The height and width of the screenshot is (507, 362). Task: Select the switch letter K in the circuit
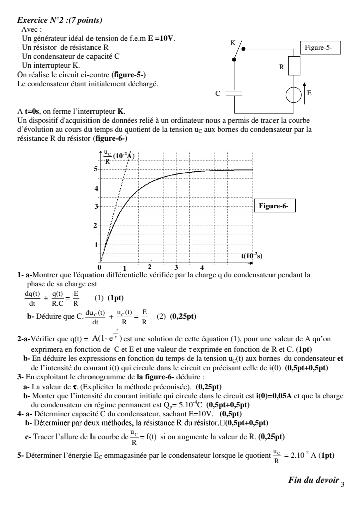coord(233,43)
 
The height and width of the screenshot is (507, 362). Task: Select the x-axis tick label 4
coord(202,267)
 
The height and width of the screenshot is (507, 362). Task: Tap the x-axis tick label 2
coord(149,266)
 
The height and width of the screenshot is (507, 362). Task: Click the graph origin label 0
coord(99,267)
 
